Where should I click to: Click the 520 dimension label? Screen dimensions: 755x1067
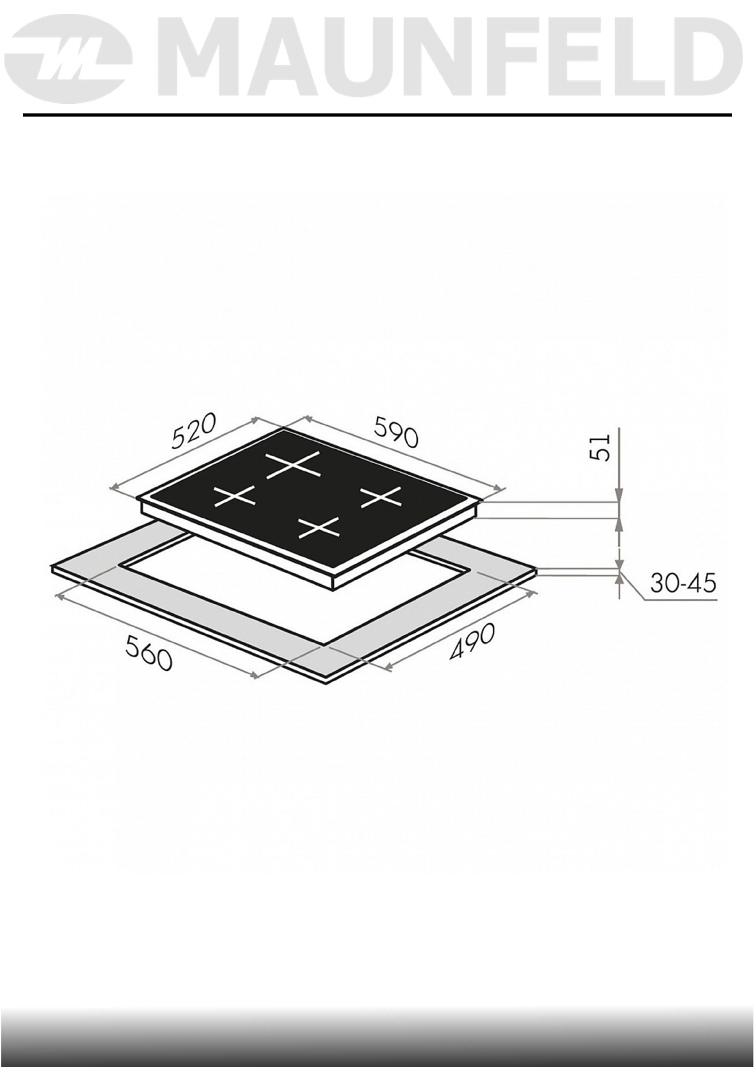[x=195, y=431]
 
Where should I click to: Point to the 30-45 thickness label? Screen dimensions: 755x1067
[x=683, y=583]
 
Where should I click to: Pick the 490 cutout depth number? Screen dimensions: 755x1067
[x=472, y=642]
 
